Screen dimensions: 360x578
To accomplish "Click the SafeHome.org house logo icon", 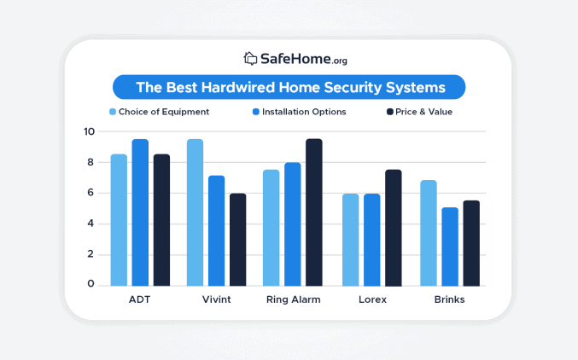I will pos(250,59).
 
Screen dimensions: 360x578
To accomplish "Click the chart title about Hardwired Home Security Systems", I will pos(289,87).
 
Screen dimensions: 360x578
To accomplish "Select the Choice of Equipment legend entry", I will pos(159,112).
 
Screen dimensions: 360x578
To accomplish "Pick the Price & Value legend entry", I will pos(419,112).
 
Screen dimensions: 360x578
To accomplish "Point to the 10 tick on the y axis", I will pos(89,131).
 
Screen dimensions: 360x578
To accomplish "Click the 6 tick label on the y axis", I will pos(90,193).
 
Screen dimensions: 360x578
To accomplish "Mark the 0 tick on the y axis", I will pos(90,285).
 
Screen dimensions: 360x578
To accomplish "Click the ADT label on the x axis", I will pos(139,299).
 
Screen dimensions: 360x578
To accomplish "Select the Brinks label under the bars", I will pos(449,299).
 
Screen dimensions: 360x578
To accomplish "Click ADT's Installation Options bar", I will pos(140,212).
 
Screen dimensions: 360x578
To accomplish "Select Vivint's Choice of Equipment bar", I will pos(195,212).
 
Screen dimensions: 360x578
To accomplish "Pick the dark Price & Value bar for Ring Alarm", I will pos(314,212).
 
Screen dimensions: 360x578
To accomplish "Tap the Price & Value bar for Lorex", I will pos(393,228).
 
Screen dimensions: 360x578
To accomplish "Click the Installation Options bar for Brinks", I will pos(449,247).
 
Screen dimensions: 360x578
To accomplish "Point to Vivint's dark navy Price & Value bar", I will pos(237,240).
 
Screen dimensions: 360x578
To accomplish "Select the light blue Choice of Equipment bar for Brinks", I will pos(428,233).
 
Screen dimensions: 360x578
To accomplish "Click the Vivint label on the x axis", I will pos(216,299).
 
